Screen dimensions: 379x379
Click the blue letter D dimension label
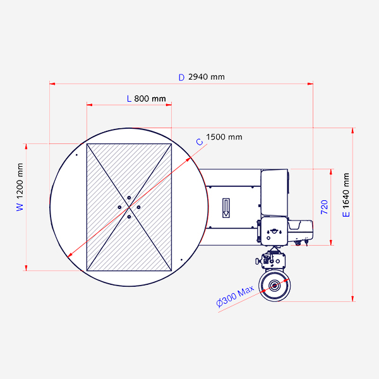[181, 77]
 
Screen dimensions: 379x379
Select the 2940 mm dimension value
[207, 77]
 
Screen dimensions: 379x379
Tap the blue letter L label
[129, 99]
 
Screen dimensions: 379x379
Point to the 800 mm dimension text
[150, 99]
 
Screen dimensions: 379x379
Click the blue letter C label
[200, 142]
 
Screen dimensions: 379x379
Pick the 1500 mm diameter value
[224, 137]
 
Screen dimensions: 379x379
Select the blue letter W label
[20, 207]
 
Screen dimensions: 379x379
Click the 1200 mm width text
[20, 181]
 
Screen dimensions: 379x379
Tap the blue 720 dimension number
[324, 207]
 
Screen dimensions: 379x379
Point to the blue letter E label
[346, 214]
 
